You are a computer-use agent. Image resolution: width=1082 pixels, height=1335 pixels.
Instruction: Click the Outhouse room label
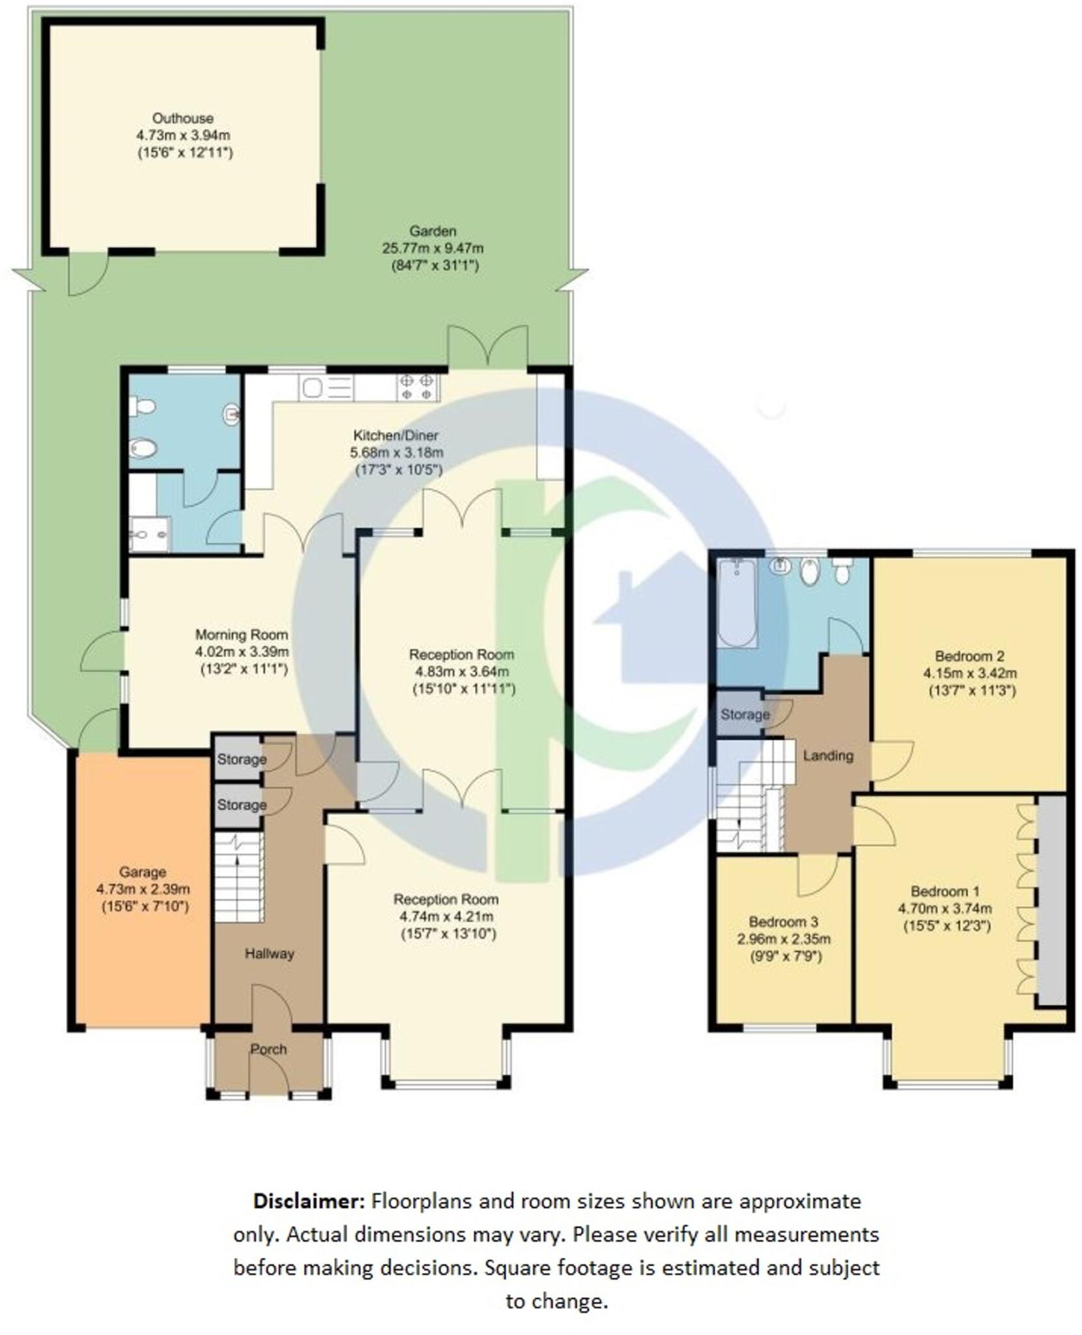[182, 118]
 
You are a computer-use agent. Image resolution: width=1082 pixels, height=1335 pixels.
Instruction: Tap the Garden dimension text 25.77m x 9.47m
[432, 248]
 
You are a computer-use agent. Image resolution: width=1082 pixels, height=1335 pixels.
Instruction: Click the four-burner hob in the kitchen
[418, 387]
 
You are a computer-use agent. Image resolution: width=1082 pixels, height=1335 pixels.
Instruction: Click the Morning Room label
[242, 634]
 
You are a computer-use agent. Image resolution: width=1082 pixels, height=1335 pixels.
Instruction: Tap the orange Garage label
[142, 872]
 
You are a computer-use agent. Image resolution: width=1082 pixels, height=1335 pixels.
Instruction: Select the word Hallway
[269, 954]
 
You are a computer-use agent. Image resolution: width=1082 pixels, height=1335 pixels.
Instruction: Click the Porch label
[268, 1049]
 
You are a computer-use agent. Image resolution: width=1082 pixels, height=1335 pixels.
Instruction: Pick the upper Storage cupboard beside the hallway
[240, 759]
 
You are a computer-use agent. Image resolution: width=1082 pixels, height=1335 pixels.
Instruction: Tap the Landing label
[827, 756]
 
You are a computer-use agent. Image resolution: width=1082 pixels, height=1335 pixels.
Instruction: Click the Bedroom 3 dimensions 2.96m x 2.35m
[783, 939]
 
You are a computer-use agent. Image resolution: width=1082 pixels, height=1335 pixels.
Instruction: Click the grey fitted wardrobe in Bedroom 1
[1051, 900]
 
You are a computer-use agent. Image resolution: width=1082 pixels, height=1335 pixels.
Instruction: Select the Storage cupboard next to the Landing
[743, 714]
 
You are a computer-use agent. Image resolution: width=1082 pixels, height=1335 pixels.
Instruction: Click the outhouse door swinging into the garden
[88, 274]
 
